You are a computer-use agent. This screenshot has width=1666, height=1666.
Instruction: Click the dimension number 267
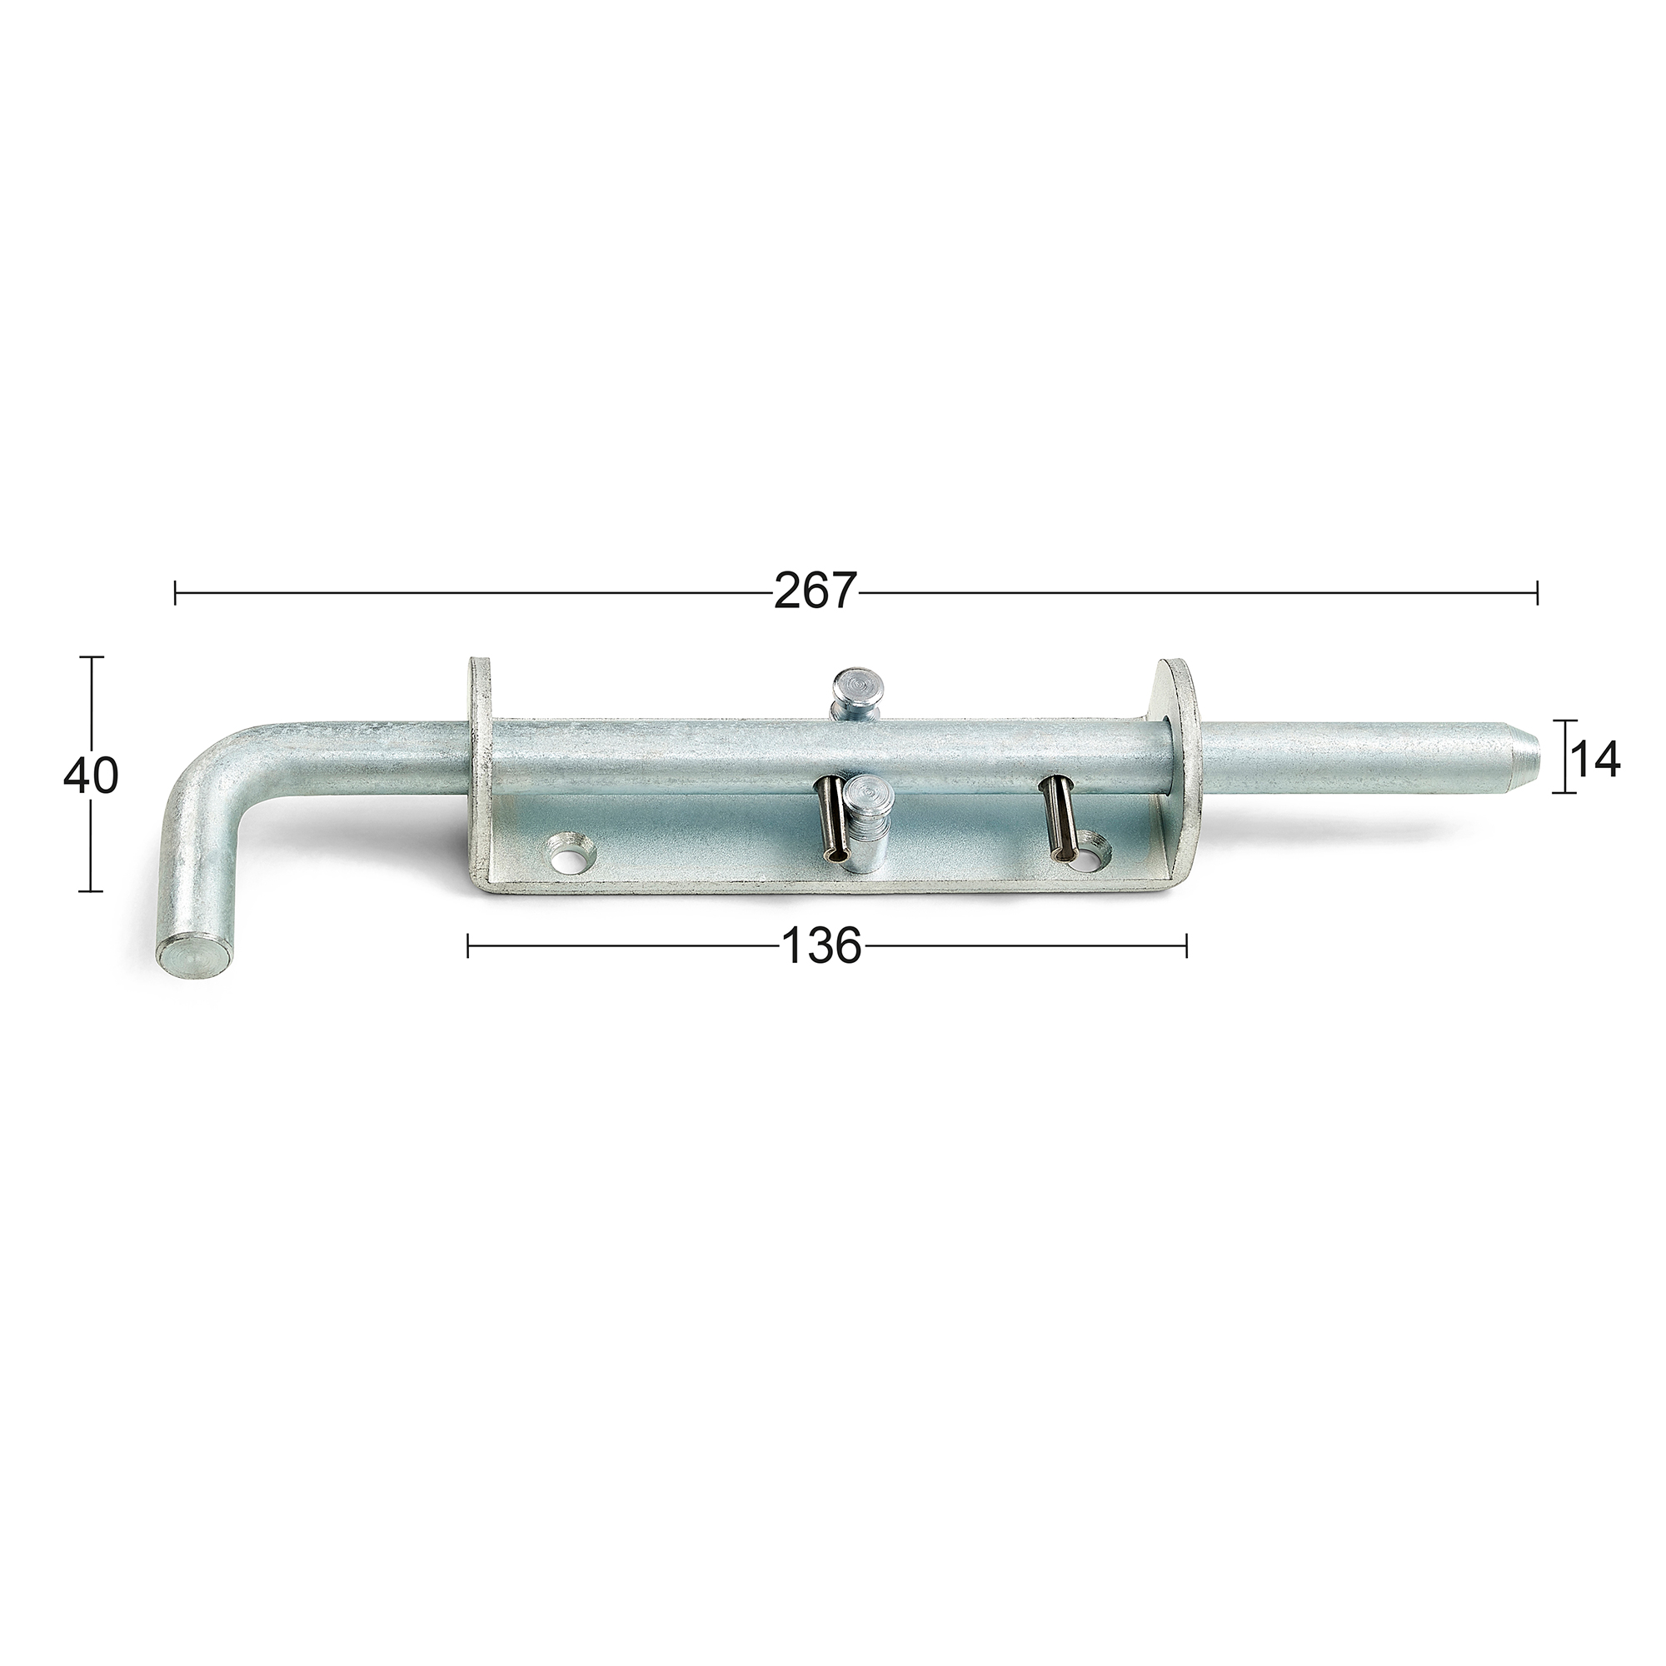pos(815,591)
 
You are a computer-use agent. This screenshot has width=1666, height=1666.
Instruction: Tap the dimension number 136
pos(821,946)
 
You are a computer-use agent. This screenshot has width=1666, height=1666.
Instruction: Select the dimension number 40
pos(91,777)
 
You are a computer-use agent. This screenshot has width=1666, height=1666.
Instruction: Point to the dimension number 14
pos(1594,761)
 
